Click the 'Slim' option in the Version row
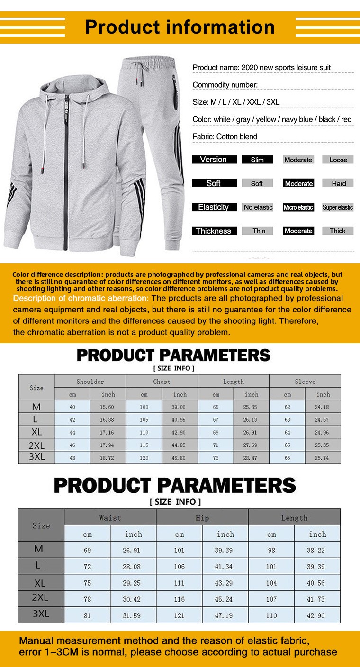pos(257,160)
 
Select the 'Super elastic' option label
pos(338,207)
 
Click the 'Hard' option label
pos(339,184)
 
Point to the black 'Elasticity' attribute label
pos(214,207)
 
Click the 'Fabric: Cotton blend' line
pos(225,137)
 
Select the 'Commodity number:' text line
pos(225,85)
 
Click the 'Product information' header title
pos(180,27)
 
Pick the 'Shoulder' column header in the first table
pos(90,382)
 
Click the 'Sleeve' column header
pos(305,382)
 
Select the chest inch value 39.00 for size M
pos(180,407)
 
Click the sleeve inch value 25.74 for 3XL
pos(323,458)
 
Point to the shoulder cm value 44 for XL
pos(72,433)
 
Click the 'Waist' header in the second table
pos(110,518)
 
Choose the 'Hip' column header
pos(202,518)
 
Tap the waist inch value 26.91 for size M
pos(133,551)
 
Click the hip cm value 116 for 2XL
pos(180,599)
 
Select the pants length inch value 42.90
pos(317,615)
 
